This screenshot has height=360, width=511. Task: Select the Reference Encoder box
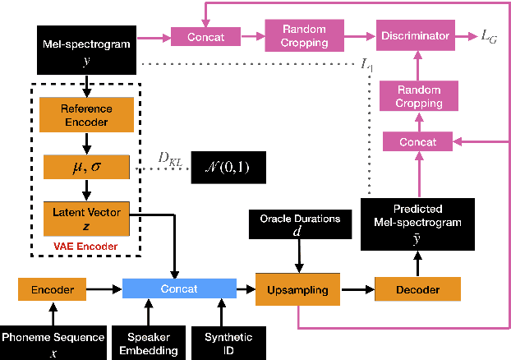point(86,115)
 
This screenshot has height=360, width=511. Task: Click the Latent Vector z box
point(86,219)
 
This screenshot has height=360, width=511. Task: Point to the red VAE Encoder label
point(86,246)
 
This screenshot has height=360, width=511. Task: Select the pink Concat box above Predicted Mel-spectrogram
point(417,142)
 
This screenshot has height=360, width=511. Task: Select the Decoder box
point(417,289)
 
